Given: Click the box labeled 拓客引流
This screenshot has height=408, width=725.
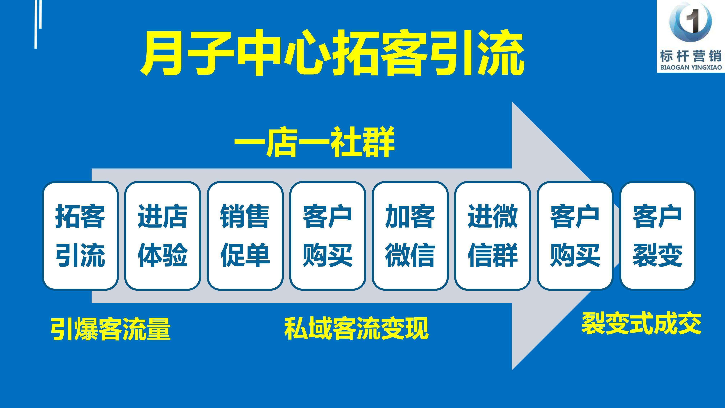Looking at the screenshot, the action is point(80,236).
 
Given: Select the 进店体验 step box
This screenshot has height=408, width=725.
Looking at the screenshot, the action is point(163,236).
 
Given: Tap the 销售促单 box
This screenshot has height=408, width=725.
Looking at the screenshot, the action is point(245,236).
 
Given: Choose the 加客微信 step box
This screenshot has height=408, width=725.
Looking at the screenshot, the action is point(410,236).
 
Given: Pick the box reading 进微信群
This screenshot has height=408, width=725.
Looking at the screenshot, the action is point(493,236).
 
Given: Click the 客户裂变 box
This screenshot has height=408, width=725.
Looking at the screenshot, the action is point(657,236).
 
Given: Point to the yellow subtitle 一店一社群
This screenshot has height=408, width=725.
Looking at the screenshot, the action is point(314,142).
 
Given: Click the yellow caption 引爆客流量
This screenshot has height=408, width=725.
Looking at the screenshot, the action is point(111,329).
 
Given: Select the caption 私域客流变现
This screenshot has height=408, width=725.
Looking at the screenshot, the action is point(356,328).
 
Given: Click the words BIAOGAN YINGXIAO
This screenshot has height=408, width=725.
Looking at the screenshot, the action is point(691,68).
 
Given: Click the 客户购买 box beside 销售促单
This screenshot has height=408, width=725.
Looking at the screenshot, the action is point(328,236).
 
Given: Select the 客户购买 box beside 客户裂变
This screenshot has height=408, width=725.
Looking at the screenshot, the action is point(575,236).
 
